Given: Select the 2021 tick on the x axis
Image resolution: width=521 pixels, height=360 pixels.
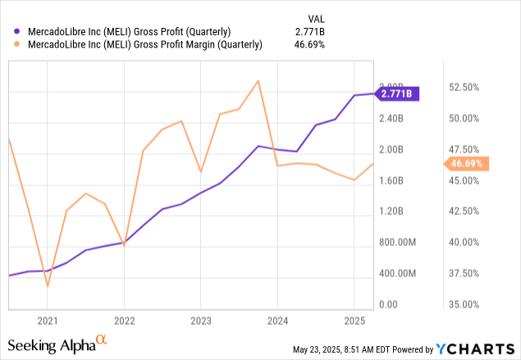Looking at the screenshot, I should [x=48, y=321].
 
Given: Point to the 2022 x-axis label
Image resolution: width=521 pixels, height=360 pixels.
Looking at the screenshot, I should [x=124, y=321].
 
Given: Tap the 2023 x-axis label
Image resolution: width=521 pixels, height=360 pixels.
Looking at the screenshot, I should [x=201, y=321].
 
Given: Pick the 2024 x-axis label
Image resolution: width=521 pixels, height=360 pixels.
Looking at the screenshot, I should [x=277, y=321].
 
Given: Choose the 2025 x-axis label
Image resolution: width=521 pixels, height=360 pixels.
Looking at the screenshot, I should [x=354, y=321].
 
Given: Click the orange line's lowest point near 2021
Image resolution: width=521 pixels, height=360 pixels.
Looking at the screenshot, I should [x=48, y=285].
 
